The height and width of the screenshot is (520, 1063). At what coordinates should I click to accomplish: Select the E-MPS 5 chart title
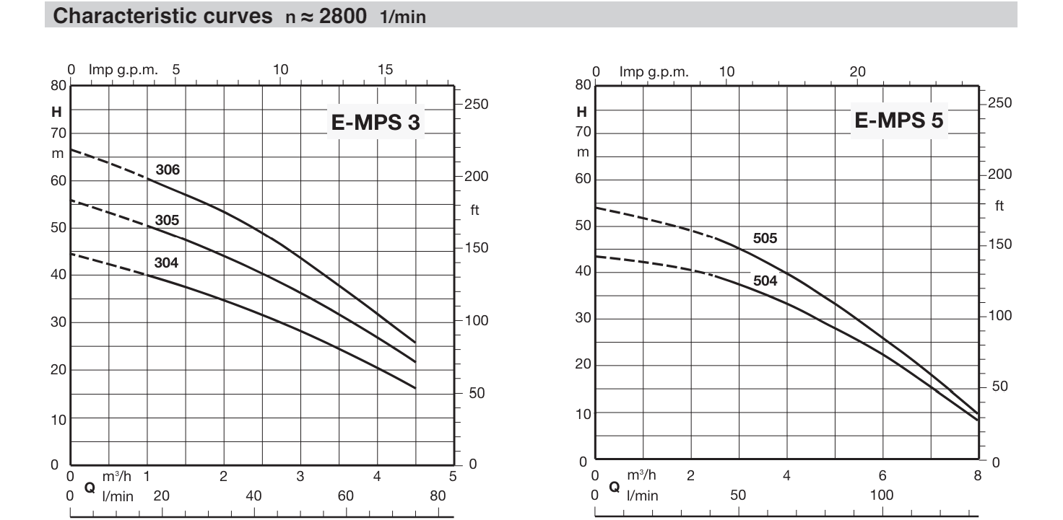point(898,121)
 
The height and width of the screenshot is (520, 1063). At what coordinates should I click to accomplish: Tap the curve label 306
point(168,171)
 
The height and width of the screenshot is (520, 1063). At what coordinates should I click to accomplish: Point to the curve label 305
point(167,220)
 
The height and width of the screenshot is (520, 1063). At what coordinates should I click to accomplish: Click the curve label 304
point(166,263)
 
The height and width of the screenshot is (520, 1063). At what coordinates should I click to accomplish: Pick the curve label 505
point(765,239)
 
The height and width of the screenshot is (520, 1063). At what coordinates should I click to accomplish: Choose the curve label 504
point(765,281)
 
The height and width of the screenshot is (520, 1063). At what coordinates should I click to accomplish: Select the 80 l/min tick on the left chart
point(438,496)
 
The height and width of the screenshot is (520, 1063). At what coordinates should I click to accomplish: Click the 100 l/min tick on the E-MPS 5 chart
point(882,495)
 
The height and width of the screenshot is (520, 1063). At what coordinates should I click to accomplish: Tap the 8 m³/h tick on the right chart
point(977,476)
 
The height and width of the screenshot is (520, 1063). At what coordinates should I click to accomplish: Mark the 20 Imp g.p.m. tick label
point(857,71)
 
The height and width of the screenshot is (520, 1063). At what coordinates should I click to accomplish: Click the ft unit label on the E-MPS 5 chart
point(999,206)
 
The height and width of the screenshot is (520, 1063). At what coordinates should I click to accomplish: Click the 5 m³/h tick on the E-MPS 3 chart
point(453,476)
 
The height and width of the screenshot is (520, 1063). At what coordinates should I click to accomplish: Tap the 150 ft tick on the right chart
point(1000,244)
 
